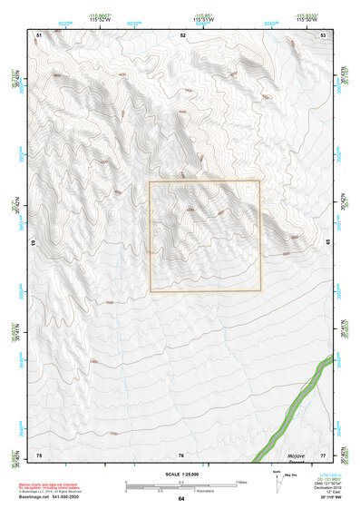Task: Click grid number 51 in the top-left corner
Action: (39, 34)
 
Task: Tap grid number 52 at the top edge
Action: (182, 34)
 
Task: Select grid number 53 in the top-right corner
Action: (324, 34)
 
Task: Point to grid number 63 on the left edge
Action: (36, 243)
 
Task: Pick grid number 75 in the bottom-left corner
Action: (39, 454)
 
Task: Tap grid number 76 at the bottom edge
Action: (181, 454)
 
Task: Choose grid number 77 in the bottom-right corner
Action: (324, 454)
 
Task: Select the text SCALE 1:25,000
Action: (181, 475)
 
